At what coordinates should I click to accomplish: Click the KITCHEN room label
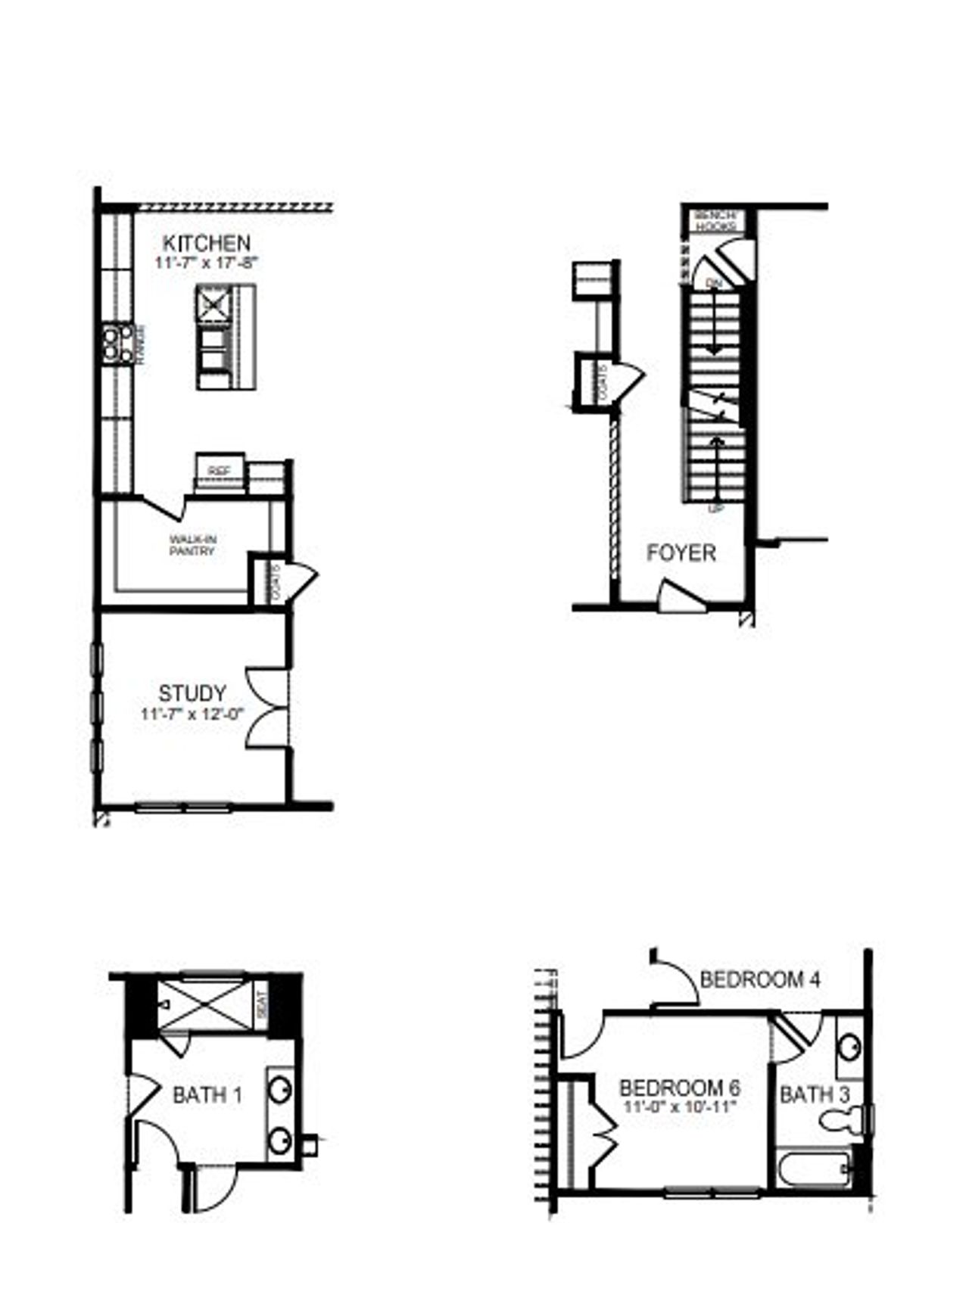(206, 244)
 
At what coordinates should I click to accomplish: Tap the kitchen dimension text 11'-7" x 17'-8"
(206, 263)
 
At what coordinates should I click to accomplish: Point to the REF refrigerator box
(220, 471)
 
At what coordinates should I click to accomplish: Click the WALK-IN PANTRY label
(192, 545)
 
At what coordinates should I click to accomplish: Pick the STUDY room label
(192, 693)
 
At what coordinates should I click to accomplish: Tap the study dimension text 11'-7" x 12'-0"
(192, 713)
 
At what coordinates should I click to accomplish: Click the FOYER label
(681, 553)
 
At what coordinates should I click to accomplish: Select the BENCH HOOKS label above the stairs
(715, 220)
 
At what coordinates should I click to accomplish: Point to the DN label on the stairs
(713, 283)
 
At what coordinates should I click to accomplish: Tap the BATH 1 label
(207, 1095)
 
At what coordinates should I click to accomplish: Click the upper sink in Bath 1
(281, 1089)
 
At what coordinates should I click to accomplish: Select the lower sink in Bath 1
(281, 1138)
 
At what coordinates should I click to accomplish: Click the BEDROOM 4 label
(760, 980)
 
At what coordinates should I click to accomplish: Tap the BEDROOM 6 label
(679, 1088)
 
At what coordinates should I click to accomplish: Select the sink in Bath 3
(849, 1048)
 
